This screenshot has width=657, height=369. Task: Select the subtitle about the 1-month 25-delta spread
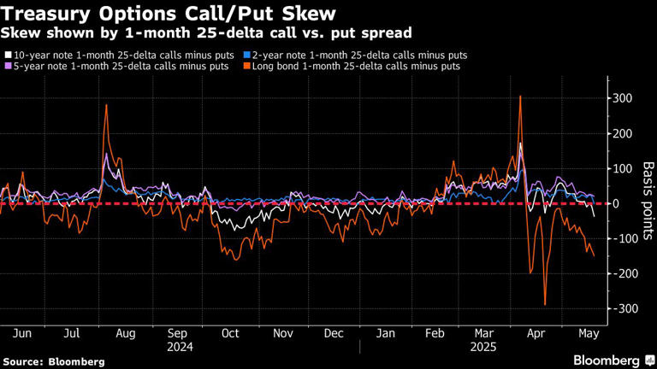[205, 33]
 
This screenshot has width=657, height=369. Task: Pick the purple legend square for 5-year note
[6, 67]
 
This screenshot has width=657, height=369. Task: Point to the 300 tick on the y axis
[622, 98]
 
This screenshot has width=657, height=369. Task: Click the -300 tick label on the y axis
[622, 308]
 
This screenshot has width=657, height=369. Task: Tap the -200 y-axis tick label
[622, 273]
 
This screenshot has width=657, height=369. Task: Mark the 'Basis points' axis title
[648, 202]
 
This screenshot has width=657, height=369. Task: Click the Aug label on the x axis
[126, 333]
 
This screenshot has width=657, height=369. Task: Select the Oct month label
[230, 333]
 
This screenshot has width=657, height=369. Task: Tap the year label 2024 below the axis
[180, 347]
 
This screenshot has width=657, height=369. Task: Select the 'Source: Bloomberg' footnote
[53, 361]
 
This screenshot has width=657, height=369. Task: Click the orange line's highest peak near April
[520, 96]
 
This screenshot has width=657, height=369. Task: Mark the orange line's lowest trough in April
[545, 304]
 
